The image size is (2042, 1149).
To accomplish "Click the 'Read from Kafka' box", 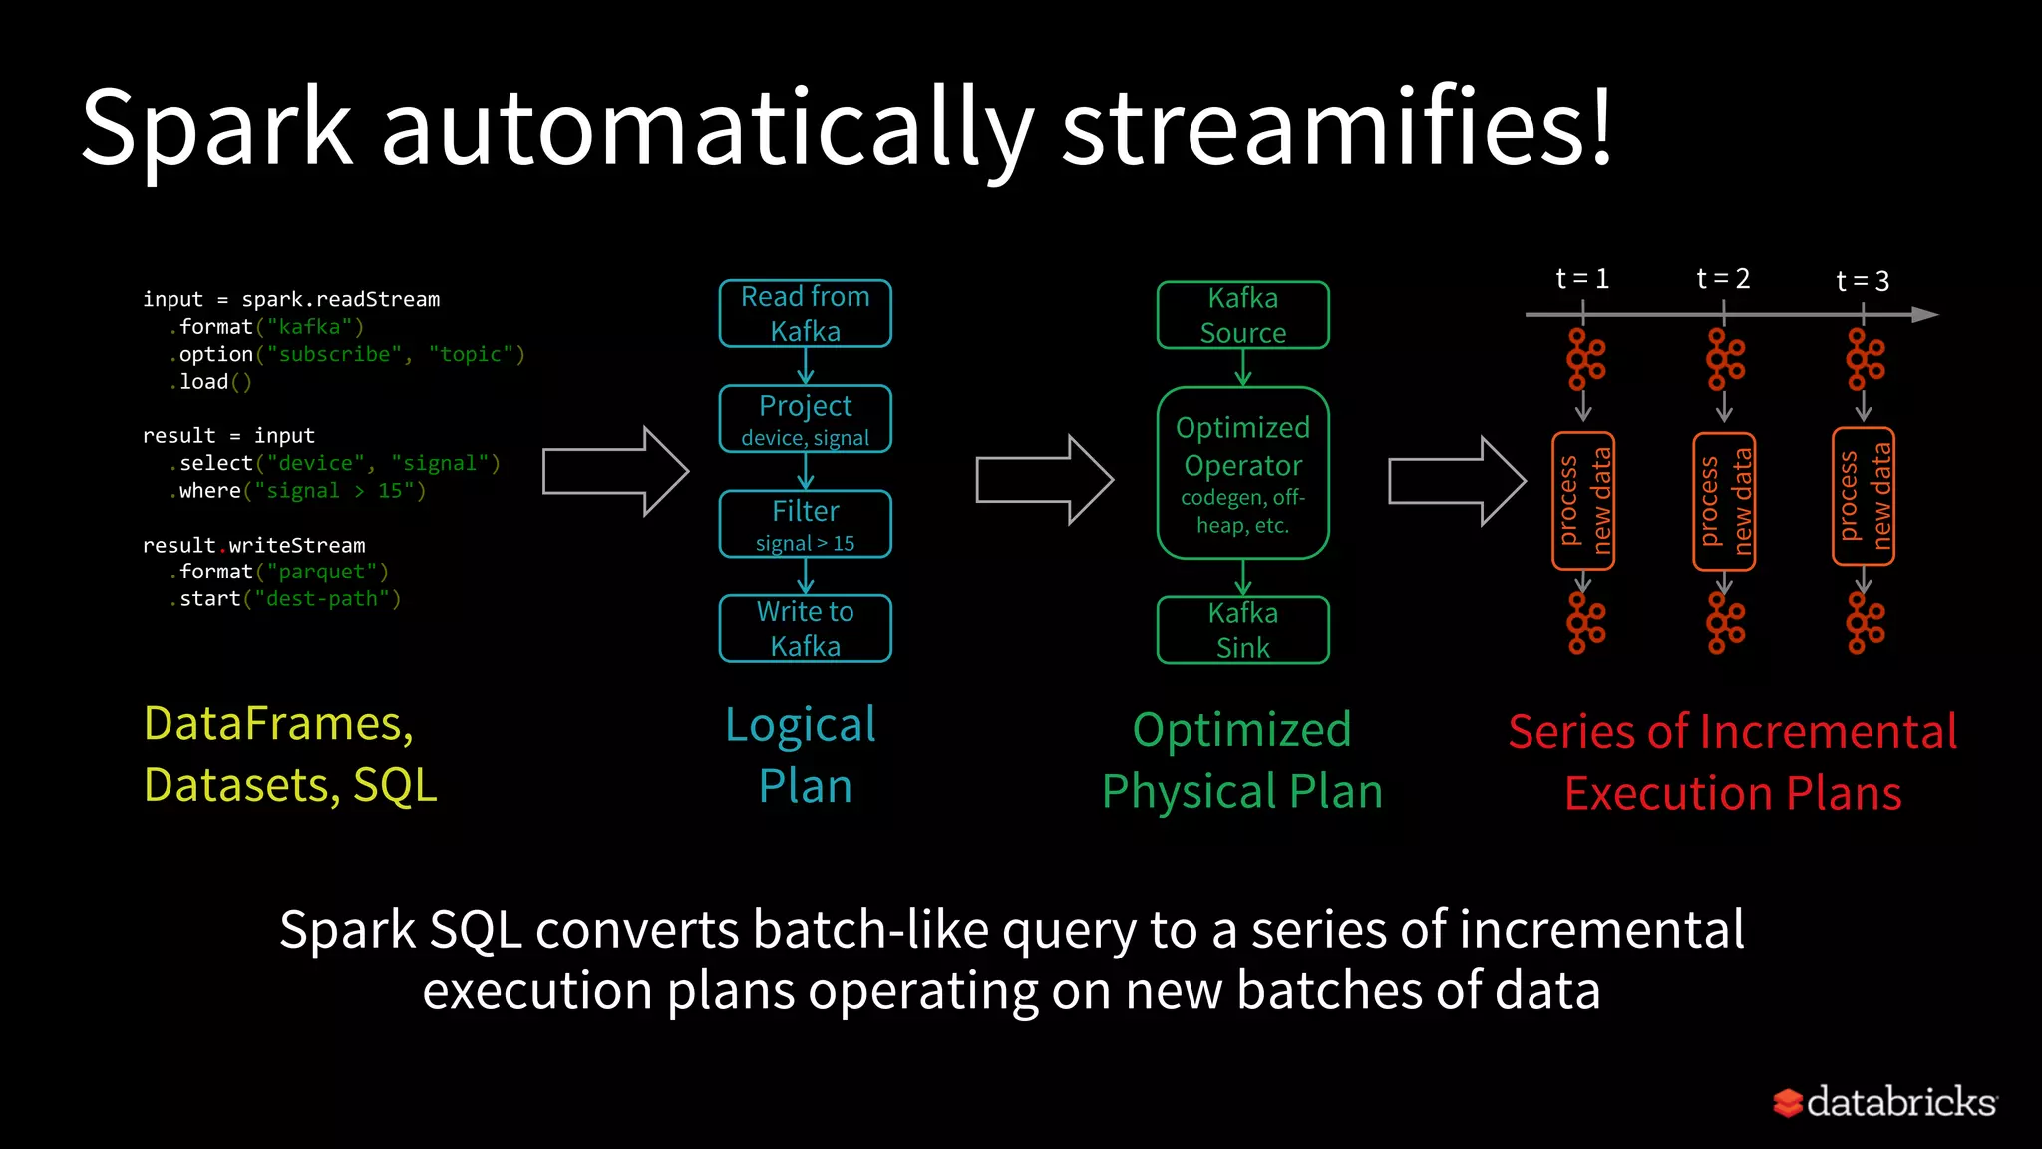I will [805, 313].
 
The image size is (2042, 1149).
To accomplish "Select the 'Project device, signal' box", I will [805, 419].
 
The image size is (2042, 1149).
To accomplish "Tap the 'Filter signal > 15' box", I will [805, 524].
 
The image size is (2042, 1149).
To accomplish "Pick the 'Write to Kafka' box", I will [805, 628].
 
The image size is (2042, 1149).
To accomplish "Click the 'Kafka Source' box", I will [1242, 315].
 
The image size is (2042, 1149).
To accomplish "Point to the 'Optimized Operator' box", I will [1242, 473].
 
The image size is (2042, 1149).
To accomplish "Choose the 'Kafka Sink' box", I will [1242, 630].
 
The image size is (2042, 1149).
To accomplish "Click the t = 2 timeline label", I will [1723, 278].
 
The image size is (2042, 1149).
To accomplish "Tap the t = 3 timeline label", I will [1863, 281].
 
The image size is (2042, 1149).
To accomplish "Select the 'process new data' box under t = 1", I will [1583, 501].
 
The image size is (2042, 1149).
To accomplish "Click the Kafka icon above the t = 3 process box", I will [1865, 359].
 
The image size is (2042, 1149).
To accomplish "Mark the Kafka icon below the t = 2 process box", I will [1725, 622].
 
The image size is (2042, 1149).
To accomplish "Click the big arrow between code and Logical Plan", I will [615, 471].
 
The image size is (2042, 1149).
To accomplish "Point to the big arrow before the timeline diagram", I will [1457, 481].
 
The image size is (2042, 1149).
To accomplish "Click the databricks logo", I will [1884, 1102].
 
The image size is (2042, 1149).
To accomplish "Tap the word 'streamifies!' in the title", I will [1336, 128].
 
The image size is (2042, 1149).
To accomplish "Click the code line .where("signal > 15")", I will [297, 491].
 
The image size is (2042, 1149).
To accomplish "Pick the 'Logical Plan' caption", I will [803, 754].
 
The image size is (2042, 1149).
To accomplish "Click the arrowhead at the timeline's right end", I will [1924, 315].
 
